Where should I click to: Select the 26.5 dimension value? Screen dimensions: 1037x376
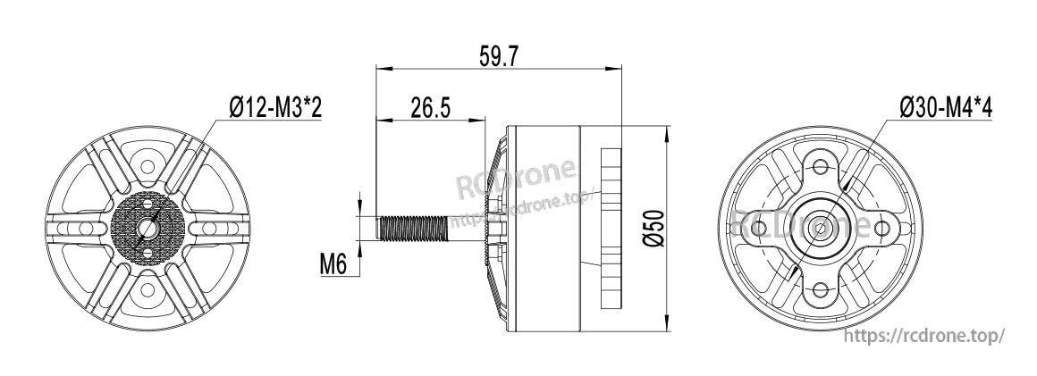[431, 107]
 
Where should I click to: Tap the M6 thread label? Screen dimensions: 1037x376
[333, 265]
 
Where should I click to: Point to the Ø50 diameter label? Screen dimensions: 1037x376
[653, 229]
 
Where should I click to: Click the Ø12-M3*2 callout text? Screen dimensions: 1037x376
[275, 107]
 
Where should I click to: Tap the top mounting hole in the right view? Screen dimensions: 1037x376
[821, 165]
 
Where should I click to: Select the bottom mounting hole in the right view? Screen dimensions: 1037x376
[821, 288]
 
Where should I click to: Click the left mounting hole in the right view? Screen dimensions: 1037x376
[759, 228]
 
